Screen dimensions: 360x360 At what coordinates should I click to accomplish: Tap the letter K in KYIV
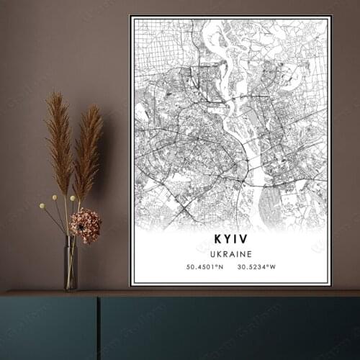coord(218,240)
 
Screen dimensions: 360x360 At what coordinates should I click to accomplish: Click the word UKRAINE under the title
coord(232,254)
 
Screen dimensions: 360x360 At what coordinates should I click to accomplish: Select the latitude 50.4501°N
coord(205,267)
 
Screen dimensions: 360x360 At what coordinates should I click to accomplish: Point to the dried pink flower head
coord(85,225)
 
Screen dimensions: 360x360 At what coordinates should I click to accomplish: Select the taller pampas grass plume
coord(58,140)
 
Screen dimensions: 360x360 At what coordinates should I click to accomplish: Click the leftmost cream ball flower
coord(42,206)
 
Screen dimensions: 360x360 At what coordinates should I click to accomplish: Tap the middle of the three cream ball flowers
coord(54,197)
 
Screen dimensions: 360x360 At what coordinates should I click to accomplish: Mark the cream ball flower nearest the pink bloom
coord(73,198)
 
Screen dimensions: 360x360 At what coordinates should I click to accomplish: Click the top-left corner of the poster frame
coord(130,16)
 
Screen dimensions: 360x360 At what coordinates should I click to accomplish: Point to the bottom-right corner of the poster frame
coord(330,285)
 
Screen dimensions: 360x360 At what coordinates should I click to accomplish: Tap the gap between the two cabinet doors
coord(99,328)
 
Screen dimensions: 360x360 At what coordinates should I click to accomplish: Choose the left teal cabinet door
coord(48,328)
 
